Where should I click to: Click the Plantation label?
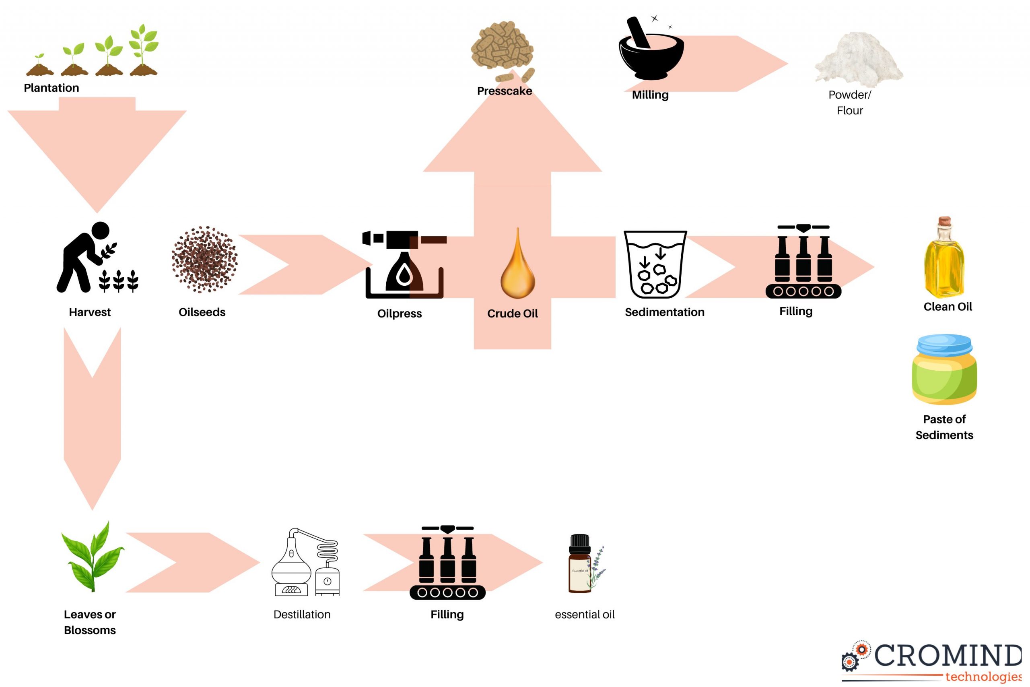point(51,88)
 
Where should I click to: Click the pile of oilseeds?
point(204,259)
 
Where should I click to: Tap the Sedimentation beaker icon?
point(655,265)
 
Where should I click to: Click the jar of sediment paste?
point(944,369)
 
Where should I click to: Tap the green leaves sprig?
point(93,557)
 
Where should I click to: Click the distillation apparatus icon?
point(306,563)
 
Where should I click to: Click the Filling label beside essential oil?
point(447,614)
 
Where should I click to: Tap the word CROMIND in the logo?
point(948,656)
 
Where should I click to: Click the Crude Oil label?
point(512,314)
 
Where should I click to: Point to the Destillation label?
point(302,614)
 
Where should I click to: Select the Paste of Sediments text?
point(944,427)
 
